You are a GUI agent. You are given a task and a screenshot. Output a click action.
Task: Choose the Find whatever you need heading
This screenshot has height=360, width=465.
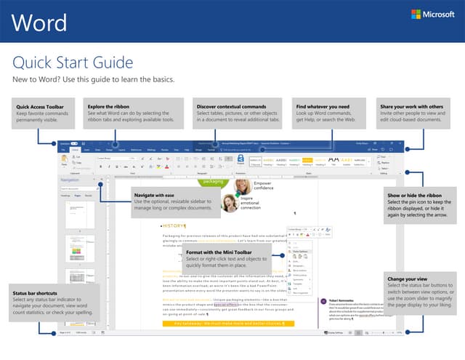(322, 107)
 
